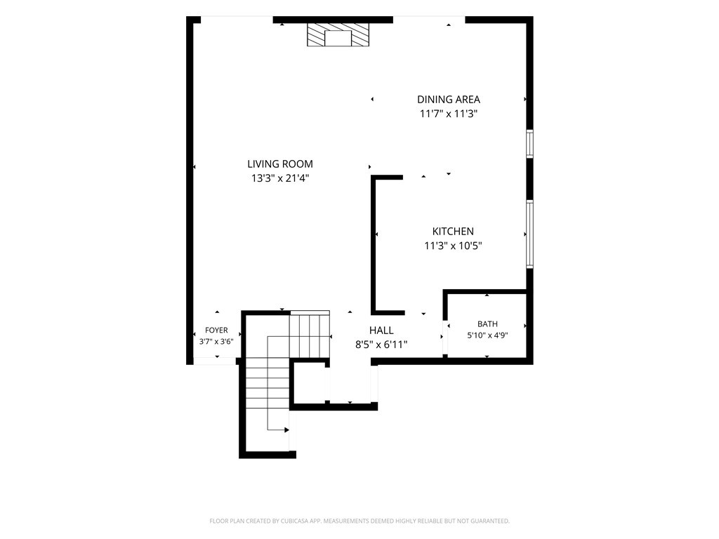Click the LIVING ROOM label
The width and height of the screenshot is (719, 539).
click(x=280, y=164)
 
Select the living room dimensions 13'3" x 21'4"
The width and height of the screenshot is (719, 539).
click(x=280, y=178)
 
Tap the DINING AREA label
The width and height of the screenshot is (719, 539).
click(x=449, y=100)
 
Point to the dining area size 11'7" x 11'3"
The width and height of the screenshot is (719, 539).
click(x=449, y=114)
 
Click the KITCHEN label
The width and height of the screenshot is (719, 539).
click(x=453, y=232)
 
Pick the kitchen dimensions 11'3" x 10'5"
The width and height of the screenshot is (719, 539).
click(x=453, y=246)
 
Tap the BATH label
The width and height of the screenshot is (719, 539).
click(x=487, y=324)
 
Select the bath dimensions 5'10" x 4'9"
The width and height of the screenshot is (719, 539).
click(x=487, y=335)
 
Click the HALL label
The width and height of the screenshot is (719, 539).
click(x=381, y=331)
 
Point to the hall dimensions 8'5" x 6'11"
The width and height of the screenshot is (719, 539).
click(x=381, y=345)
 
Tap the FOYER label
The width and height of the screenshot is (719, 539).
click(x=216, y=330)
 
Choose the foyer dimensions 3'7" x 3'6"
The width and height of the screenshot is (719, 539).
click(x=216, y=342)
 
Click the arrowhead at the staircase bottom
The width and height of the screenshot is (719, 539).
click(x=286, y=430)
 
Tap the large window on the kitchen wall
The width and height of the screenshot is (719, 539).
click(x=529, y=234)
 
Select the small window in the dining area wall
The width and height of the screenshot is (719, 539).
click(x=529, y=144)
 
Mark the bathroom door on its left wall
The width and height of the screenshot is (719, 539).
click(x=444, y=337)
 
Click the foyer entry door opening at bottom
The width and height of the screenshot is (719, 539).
click(x=215, y=361)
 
